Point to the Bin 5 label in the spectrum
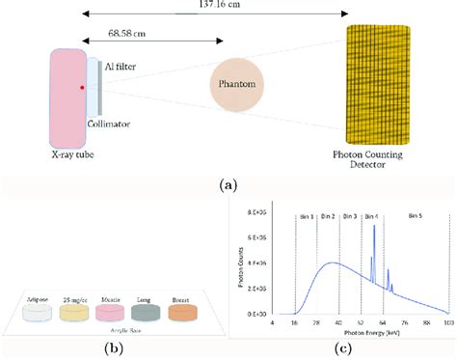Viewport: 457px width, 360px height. pos(418,213)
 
